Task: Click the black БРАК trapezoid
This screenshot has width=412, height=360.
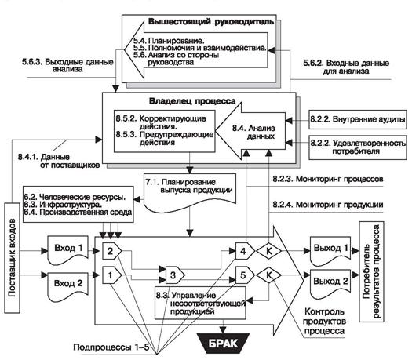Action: click(x=223, y=343)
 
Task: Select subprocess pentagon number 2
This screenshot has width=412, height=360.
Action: click(x=111, y=251)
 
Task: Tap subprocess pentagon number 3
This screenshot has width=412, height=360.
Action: click(x=175, y=275)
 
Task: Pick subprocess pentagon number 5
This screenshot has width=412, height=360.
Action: click(x=245, y=275)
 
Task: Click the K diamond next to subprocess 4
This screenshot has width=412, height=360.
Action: click(x=269, y=251)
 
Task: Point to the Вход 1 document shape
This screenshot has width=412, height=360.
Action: click(x=67, y=250)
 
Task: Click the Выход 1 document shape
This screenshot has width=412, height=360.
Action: click(x=330, y=251)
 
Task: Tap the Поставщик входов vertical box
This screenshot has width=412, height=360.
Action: click(x=12, y=257)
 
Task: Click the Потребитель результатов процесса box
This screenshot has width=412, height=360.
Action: click(x=371, y=271)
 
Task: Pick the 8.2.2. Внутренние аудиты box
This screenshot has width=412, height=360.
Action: click(x=358, y=119)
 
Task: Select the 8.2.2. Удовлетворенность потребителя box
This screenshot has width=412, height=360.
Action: click(x=358, y=147)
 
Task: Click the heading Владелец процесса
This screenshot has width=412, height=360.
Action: click(x=192, y=101)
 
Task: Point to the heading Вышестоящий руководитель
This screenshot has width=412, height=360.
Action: click(x=211, y=21)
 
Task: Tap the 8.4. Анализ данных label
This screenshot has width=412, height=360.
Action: click(x=253, y=132)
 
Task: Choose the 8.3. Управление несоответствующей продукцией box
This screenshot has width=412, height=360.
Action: click(x=200, y=303)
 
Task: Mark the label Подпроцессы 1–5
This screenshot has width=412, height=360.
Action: click(x=111, y=347)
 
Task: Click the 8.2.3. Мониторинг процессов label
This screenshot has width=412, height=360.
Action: click(x=328, y=179)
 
